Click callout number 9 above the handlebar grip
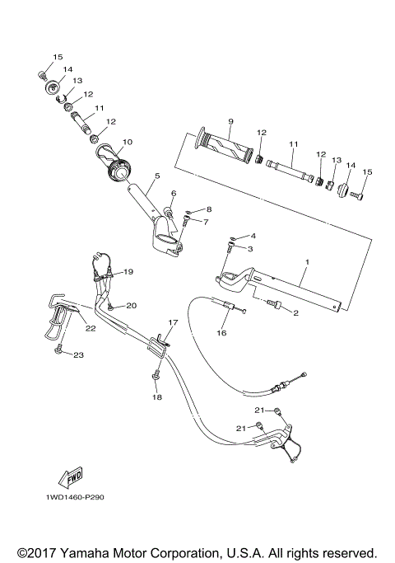click(231, 120)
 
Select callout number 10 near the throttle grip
click(128, 141)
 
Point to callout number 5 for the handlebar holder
click(156, 176)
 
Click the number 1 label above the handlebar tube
click(306, 262)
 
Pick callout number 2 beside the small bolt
click(295, 313)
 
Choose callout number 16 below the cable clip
click(221, 334)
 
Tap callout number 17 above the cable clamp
click(173, 322)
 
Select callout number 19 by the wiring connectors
click(128, 271)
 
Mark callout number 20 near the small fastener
click(131, 306)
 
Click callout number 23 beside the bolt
click(79, 355)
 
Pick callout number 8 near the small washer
click(209, 209)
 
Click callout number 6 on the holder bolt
click(174, 194)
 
